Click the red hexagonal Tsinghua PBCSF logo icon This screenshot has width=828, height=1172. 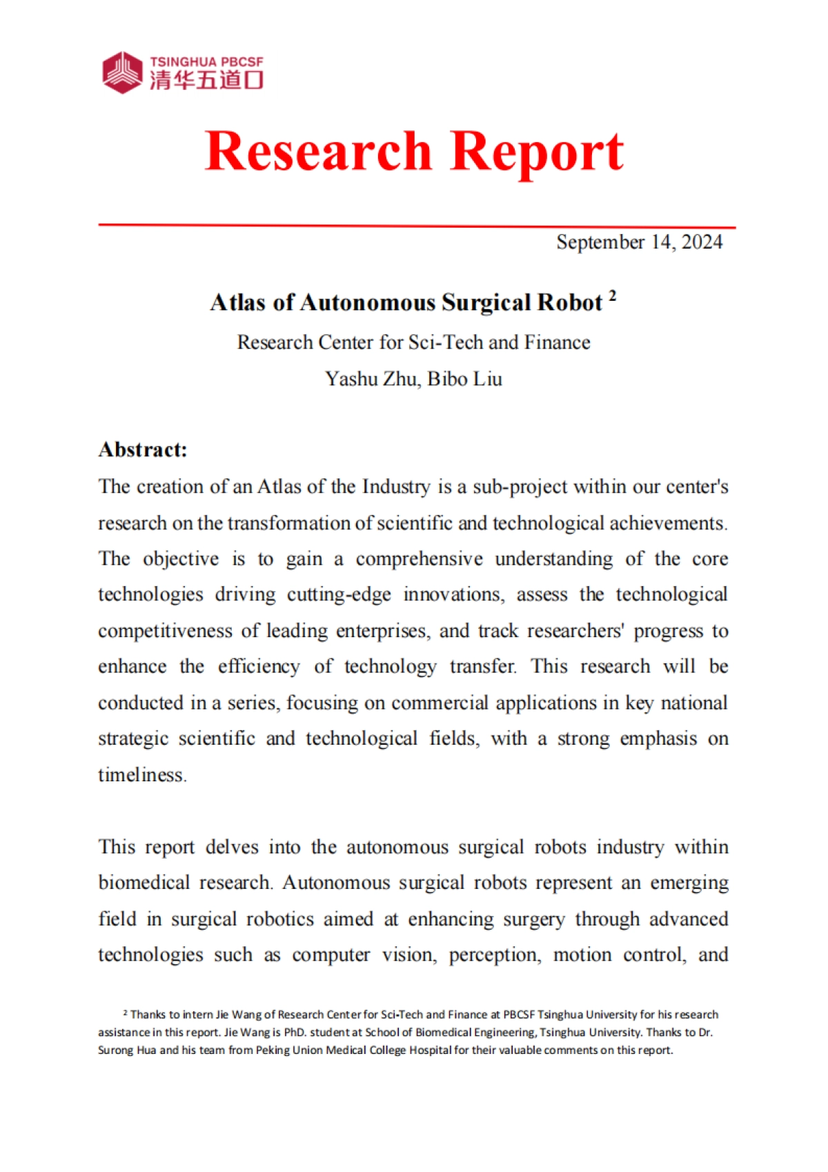click(x=122, y=72)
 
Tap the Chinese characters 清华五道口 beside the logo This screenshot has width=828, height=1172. click(x=206, y=80)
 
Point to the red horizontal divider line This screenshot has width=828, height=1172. click(x=416, y=226)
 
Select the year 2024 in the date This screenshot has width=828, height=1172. click(x=702, y=242)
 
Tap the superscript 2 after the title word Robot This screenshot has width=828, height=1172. click(x=612, y=295)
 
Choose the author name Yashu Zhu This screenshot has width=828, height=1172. click(x=371, y=379)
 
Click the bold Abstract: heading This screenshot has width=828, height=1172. click(x=143, y=450)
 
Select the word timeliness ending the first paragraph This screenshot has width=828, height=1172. click(x=141, y=775)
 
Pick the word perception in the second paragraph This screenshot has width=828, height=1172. click(x=494, y=955)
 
